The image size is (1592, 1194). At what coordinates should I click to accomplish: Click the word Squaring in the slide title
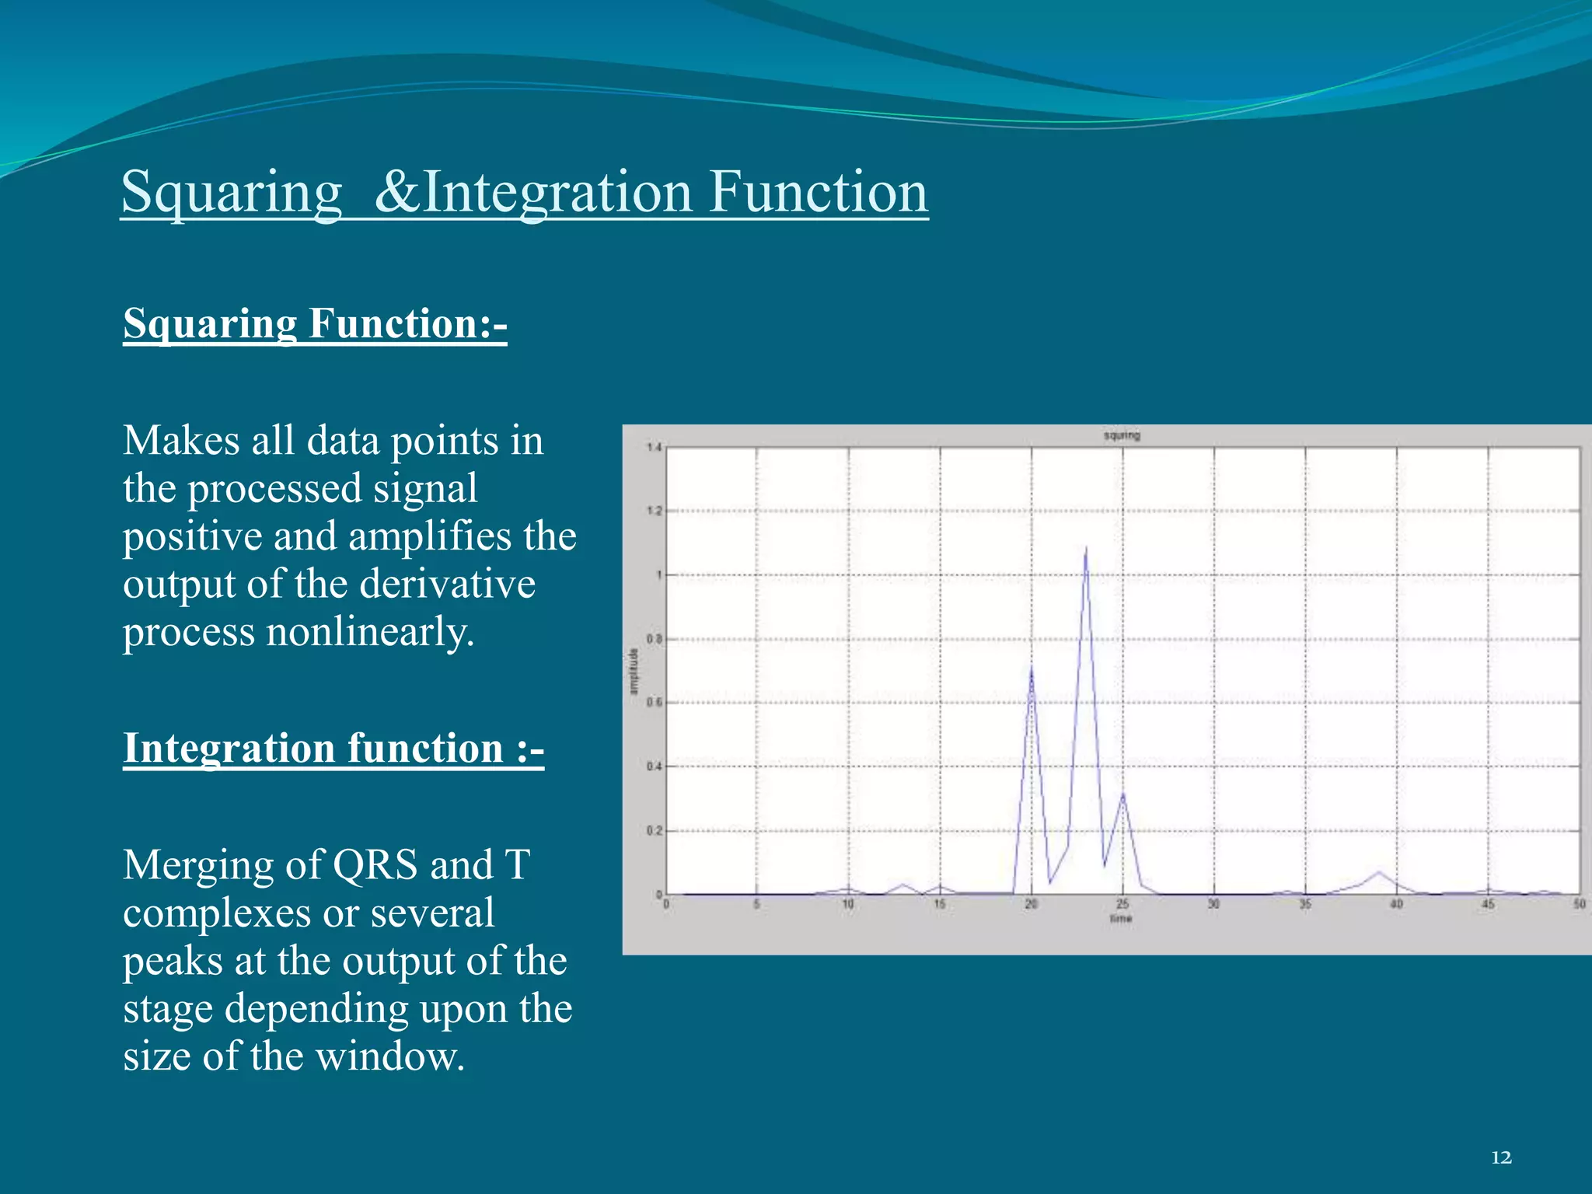pyautogui.click(x=232, y=192)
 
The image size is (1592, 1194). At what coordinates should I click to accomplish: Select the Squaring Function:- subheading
pyautogui.click(x=315, y=323)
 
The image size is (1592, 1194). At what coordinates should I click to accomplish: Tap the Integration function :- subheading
pyautogui.click(x=333, y=748)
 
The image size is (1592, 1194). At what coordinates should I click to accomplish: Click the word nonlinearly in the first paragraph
pyautogui.click(x=369, y=631)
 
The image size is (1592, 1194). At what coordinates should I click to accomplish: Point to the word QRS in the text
pyautogui.click(x=375, y=864)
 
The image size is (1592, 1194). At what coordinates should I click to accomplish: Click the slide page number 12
pyautogui.click(x=1501, y=1157)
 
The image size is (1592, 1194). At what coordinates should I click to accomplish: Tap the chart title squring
pyautogui.click(x=1122, y=435)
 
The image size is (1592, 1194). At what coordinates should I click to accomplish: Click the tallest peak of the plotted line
pyautogui.click(x=1085, y=550)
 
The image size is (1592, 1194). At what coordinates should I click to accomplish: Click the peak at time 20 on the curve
pyautogui.click(x=1032, y=669)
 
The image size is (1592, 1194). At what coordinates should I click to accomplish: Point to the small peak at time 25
pyautogui.click(x=1122, y=794)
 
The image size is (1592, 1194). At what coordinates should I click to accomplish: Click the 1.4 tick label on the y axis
pyautogui.click(x=653, y=447)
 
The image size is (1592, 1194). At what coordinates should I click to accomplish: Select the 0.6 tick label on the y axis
pyautogui.click(x=653, y=703)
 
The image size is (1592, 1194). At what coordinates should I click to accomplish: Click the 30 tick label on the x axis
pyautogui.click(x=1213, y=904)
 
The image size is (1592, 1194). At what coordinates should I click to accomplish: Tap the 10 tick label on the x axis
pyautogui.click(x=848, y=904)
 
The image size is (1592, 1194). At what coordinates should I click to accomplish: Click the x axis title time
pyautogui.click(x=1121, y=919)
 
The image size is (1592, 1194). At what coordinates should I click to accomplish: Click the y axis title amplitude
pyautogui.click(x=634, y=671)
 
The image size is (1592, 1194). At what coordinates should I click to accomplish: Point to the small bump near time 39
pyautogui.click(x=1379, y=873)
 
